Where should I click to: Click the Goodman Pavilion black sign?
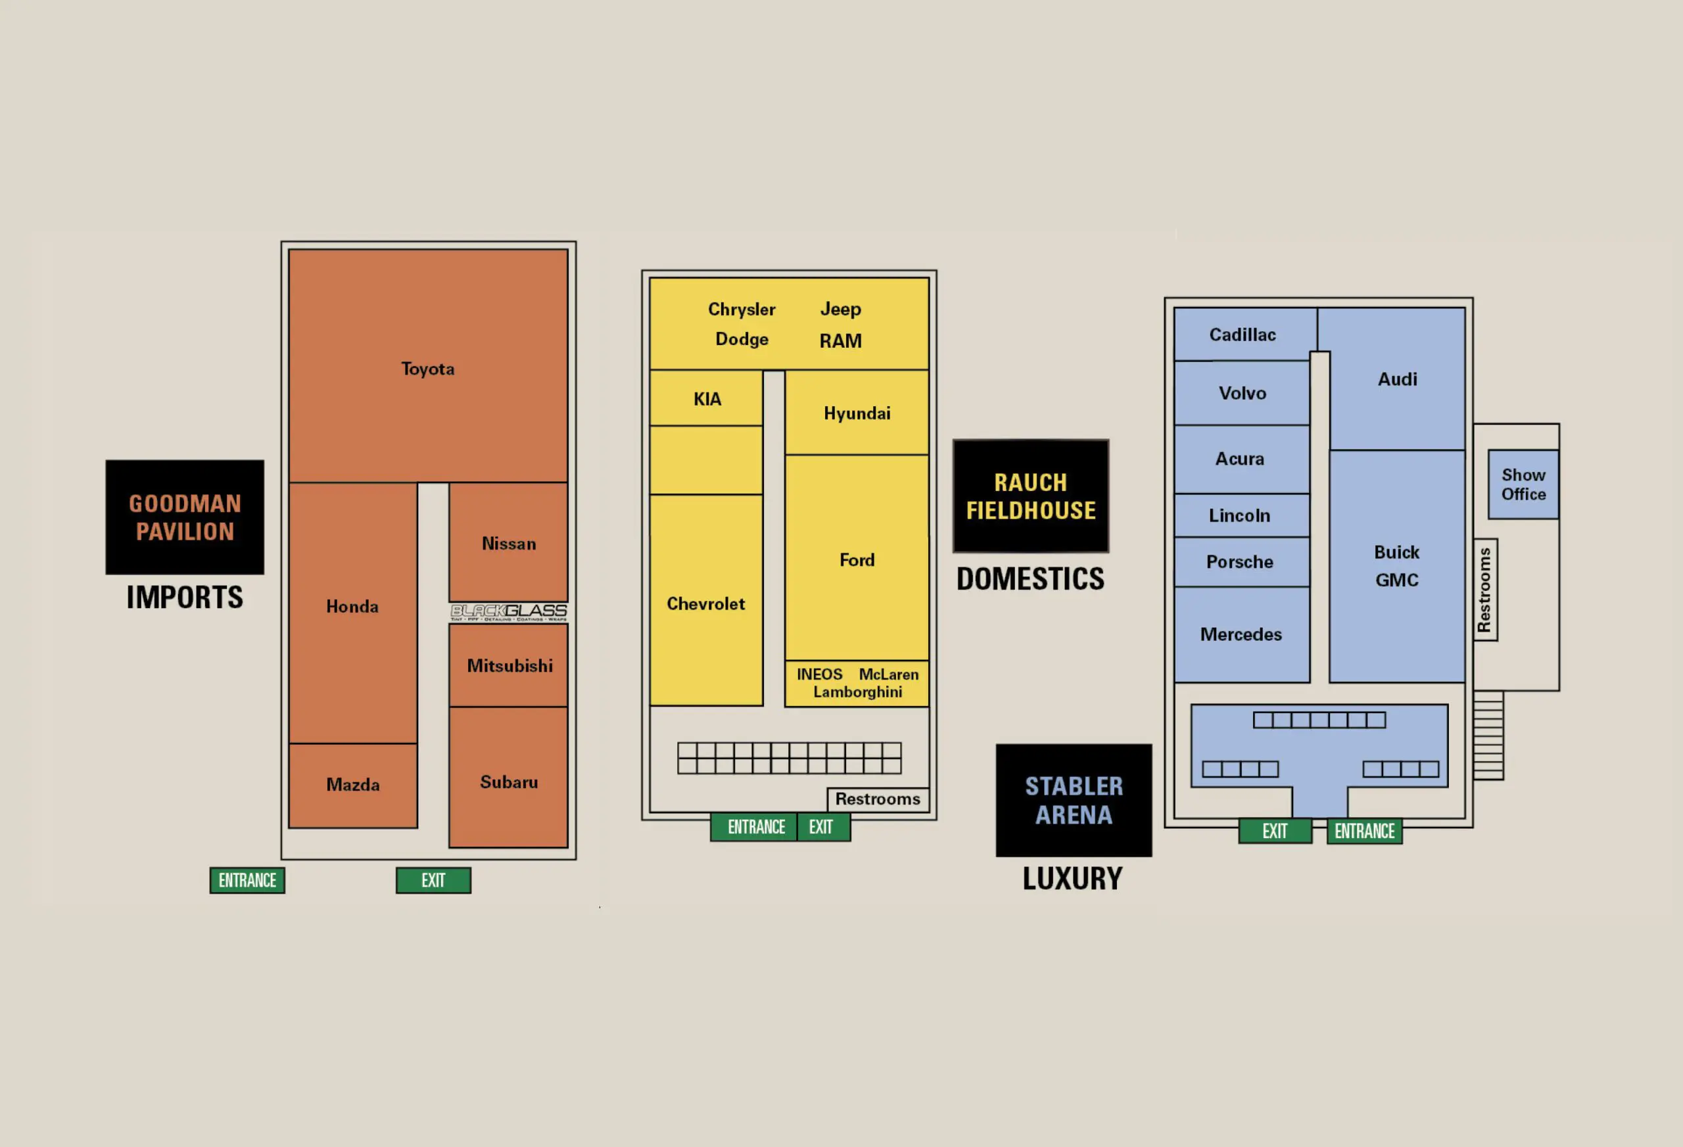[x=185, y=517]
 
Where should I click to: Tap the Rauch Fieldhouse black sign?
[x=1031, y=496]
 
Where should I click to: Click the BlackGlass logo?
[x=508, y=613]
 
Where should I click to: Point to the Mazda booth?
[x=352, y=785]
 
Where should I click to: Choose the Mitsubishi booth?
[x=508, y=665]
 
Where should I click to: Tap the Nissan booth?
[x=508, y=543]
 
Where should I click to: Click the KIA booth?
[x=706, y=398]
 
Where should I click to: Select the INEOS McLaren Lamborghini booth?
[x=857, y=683]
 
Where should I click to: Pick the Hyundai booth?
[x=857, y=413]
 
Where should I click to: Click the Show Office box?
[x=1523, y=484]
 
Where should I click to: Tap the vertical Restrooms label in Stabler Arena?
[x=1484, y=590]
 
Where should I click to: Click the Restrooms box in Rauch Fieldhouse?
[x=878, y=799]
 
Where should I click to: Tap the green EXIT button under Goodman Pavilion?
[x=433, y=881]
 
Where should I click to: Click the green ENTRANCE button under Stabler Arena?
[x=1364, y=831]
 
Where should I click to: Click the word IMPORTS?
[x=185, y=597]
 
